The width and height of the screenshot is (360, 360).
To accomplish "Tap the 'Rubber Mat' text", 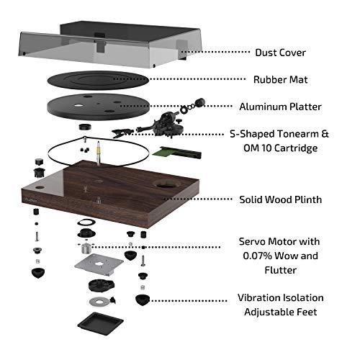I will pos(282,79).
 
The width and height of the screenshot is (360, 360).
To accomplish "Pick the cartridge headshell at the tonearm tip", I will pos(120,130).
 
